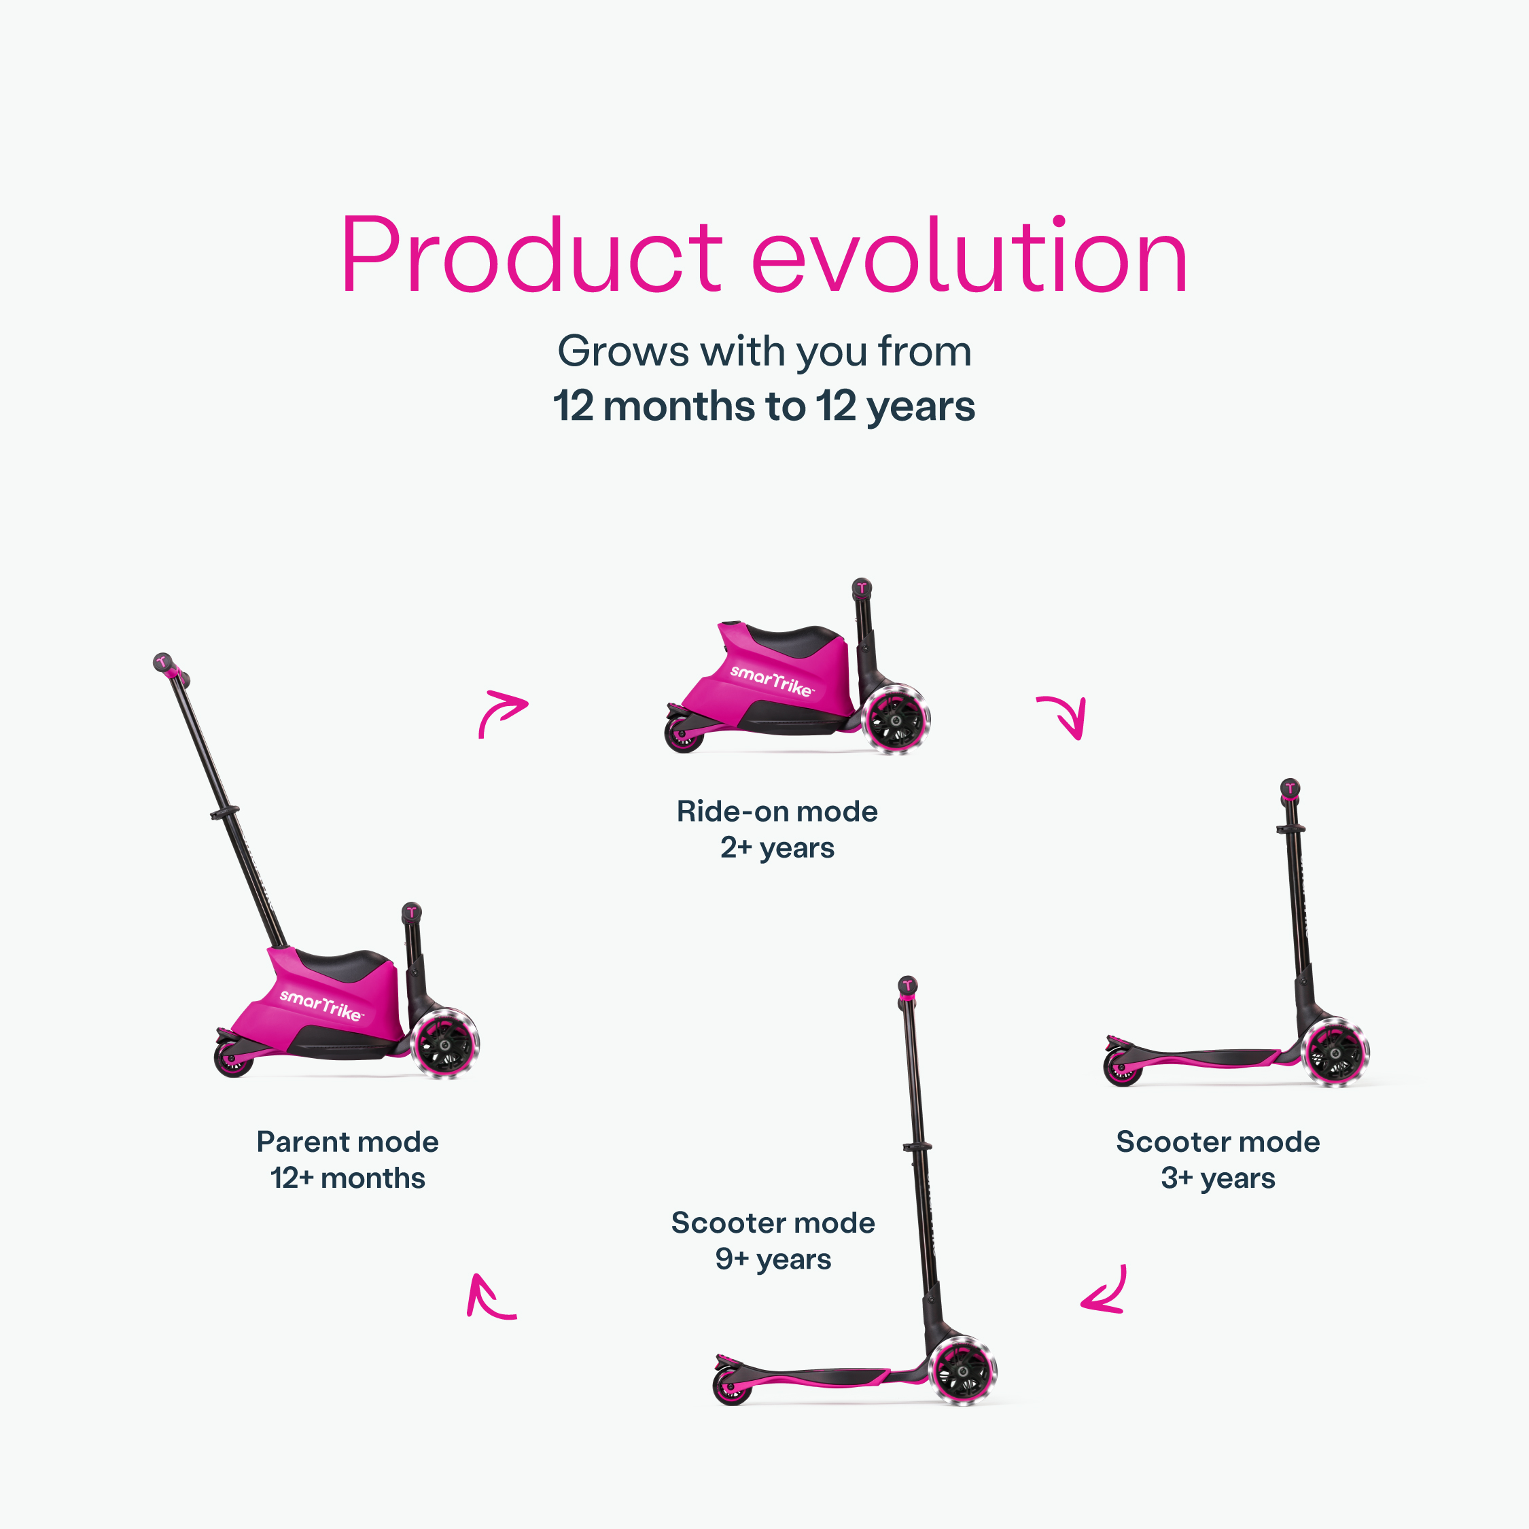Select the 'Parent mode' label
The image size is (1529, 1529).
point(347,1142)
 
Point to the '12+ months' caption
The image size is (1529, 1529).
point(347,1179)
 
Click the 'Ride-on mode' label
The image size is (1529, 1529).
point(777,811)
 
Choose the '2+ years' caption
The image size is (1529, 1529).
point(777,848)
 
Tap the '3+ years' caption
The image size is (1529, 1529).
point(1218,1179)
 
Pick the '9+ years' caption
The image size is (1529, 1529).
point(773,1260)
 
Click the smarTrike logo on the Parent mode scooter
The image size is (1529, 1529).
point(321,1005)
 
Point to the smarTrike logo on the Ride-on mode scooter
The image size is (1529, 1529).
point(771,681)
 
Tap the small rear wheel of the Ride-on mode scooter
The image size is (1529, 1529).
point(684,735)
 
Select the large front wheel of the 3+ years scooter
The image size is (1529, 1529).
point(1335,1052)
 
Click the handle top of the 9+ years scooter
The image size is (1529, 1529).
point(908,985)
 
